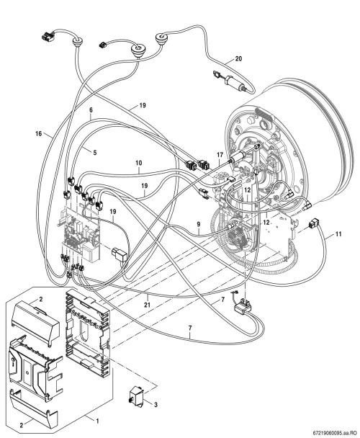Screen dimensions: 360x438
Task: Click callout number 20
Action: click(238, 58)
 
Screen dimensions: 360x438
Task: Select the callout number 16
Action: click(39, 134)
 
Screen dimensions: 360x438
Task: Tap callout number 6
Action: click(91, 110)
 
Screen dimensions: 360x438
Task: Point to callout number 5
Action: click(95, 153)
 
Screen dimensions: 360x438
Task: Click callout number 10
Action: click(139, 163)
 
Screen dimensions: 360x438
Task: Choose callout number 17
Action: click(220, 154)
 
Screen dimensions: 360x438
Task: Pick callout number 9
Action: click(199, 224)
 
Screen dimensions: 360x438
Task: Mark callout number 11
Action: click(338, 234)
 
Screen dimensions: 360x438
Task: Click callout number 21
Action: click(147, 305)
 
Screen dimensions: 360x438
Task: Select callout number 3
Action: click(156, 404)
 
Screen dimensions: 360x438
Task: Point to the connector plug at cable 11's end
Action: click(313, 224)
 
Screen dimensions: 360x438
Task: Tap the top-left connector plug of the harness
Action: click(48, 35)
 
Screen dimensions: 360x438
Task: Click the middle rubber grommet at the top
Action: click(137, 50)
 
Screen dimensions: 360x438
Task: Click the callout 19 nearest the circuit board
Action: click(113, 212)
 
